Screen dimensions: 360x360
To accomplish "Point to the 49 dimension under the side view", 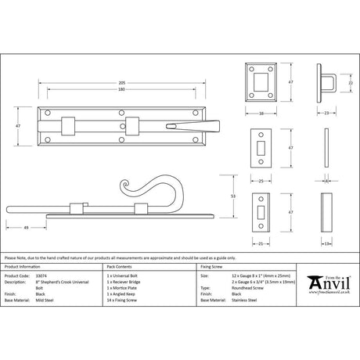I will (x=27, y=227).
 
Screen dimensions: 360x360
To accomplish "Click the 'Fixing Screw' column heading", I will (x=212, y=266).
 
